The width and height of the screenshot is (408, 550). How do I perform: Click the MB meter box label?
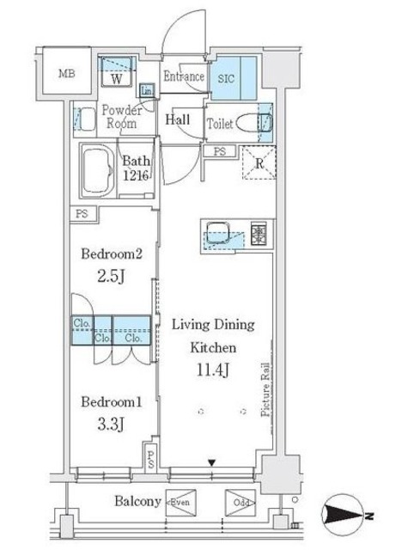[67, 74]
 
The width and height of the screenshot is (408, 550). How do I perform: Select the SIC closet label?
[226, 78]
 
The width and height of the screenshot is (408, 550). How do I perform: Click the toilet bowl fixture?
[253, 123]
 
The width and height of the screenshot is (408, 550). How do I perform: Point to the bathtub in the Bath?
[98, 169]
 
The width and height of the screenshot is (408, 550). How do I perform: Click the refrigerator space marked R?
[259, 163]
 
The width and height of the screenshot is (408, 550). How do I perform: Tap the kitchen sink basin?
[217, 232]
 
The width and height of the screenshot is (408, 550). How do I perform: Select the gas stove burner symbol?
[259, 233]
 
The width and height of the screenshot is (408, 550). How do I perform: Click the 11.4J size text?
[213, 370]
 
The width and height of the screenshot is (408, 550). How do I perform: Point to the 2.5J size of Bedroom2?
[111, 277]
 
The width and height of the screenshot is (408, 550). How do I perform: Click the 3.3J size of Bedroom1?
[111, 425]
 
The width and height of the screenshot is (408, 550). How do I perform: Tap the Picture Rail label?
[265, 389]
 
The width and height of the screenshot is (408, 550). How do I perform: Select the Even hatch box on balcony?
[180, 502]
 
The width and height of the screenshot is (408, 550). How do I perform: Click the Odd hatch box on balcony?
[241, 502]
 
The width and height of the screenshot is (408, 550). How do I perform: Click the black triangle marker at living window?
[211, 463]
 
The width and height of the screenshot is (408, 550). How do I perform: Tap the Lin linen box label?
[147, 91]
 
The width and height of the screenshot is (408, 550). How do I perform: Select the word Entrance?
[184, 76]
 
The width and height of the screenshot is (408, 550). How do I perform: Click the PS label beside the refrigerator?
[220, 152]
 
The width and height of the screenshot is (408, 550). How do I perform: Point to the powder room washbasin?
[85, 119]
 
